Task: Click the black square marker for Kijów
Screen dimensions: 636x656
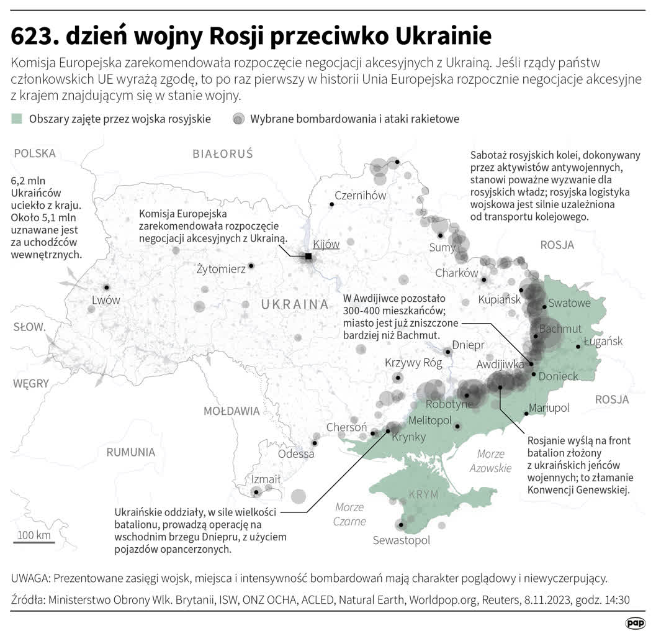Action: click(308, 256)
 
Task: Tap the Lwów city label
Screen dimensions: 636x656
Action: click(106, 300)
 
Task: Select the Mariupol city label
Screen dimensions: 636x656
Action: click(548, 408)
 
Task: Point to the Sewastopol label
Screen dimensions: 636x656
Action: click(401, 540)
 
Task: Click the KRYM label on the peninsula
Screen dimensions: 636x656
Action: click(423, 494)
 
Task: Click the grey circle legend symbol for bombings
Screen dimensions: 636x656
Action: click(238, 119)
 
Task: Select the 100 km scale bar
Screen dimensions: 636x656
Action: click(34, 542)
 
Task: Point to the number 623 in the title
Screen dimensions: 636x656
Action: click(34, 37)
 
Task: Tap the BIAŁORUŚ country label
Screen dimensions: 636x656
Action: click(223, 153)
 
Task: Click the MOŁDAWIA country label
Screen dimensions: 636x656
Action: click(231, 411)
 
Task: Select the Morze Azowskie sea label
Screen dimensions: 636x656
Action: click(490, 461)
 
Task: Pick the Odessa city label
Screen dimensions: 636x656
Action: click(296, 453)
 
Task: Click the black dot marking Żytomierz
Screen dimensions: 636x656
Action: click(251, 266)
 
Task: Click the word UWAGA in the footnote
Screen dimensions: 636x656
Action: click(30, 578)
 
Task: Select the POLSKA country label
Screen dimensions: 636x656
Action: click(35, 153)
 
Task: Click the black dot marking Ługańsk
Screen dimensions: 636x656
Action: click(578, 347)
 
